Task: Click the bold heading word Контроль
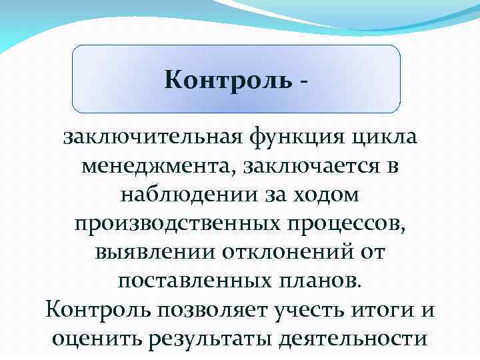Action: coord(227,81)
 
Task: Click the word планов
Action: coord(321,281)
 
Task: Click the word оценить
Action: coord(96,339)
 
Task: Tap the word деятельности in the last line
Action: coord(353,339)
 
